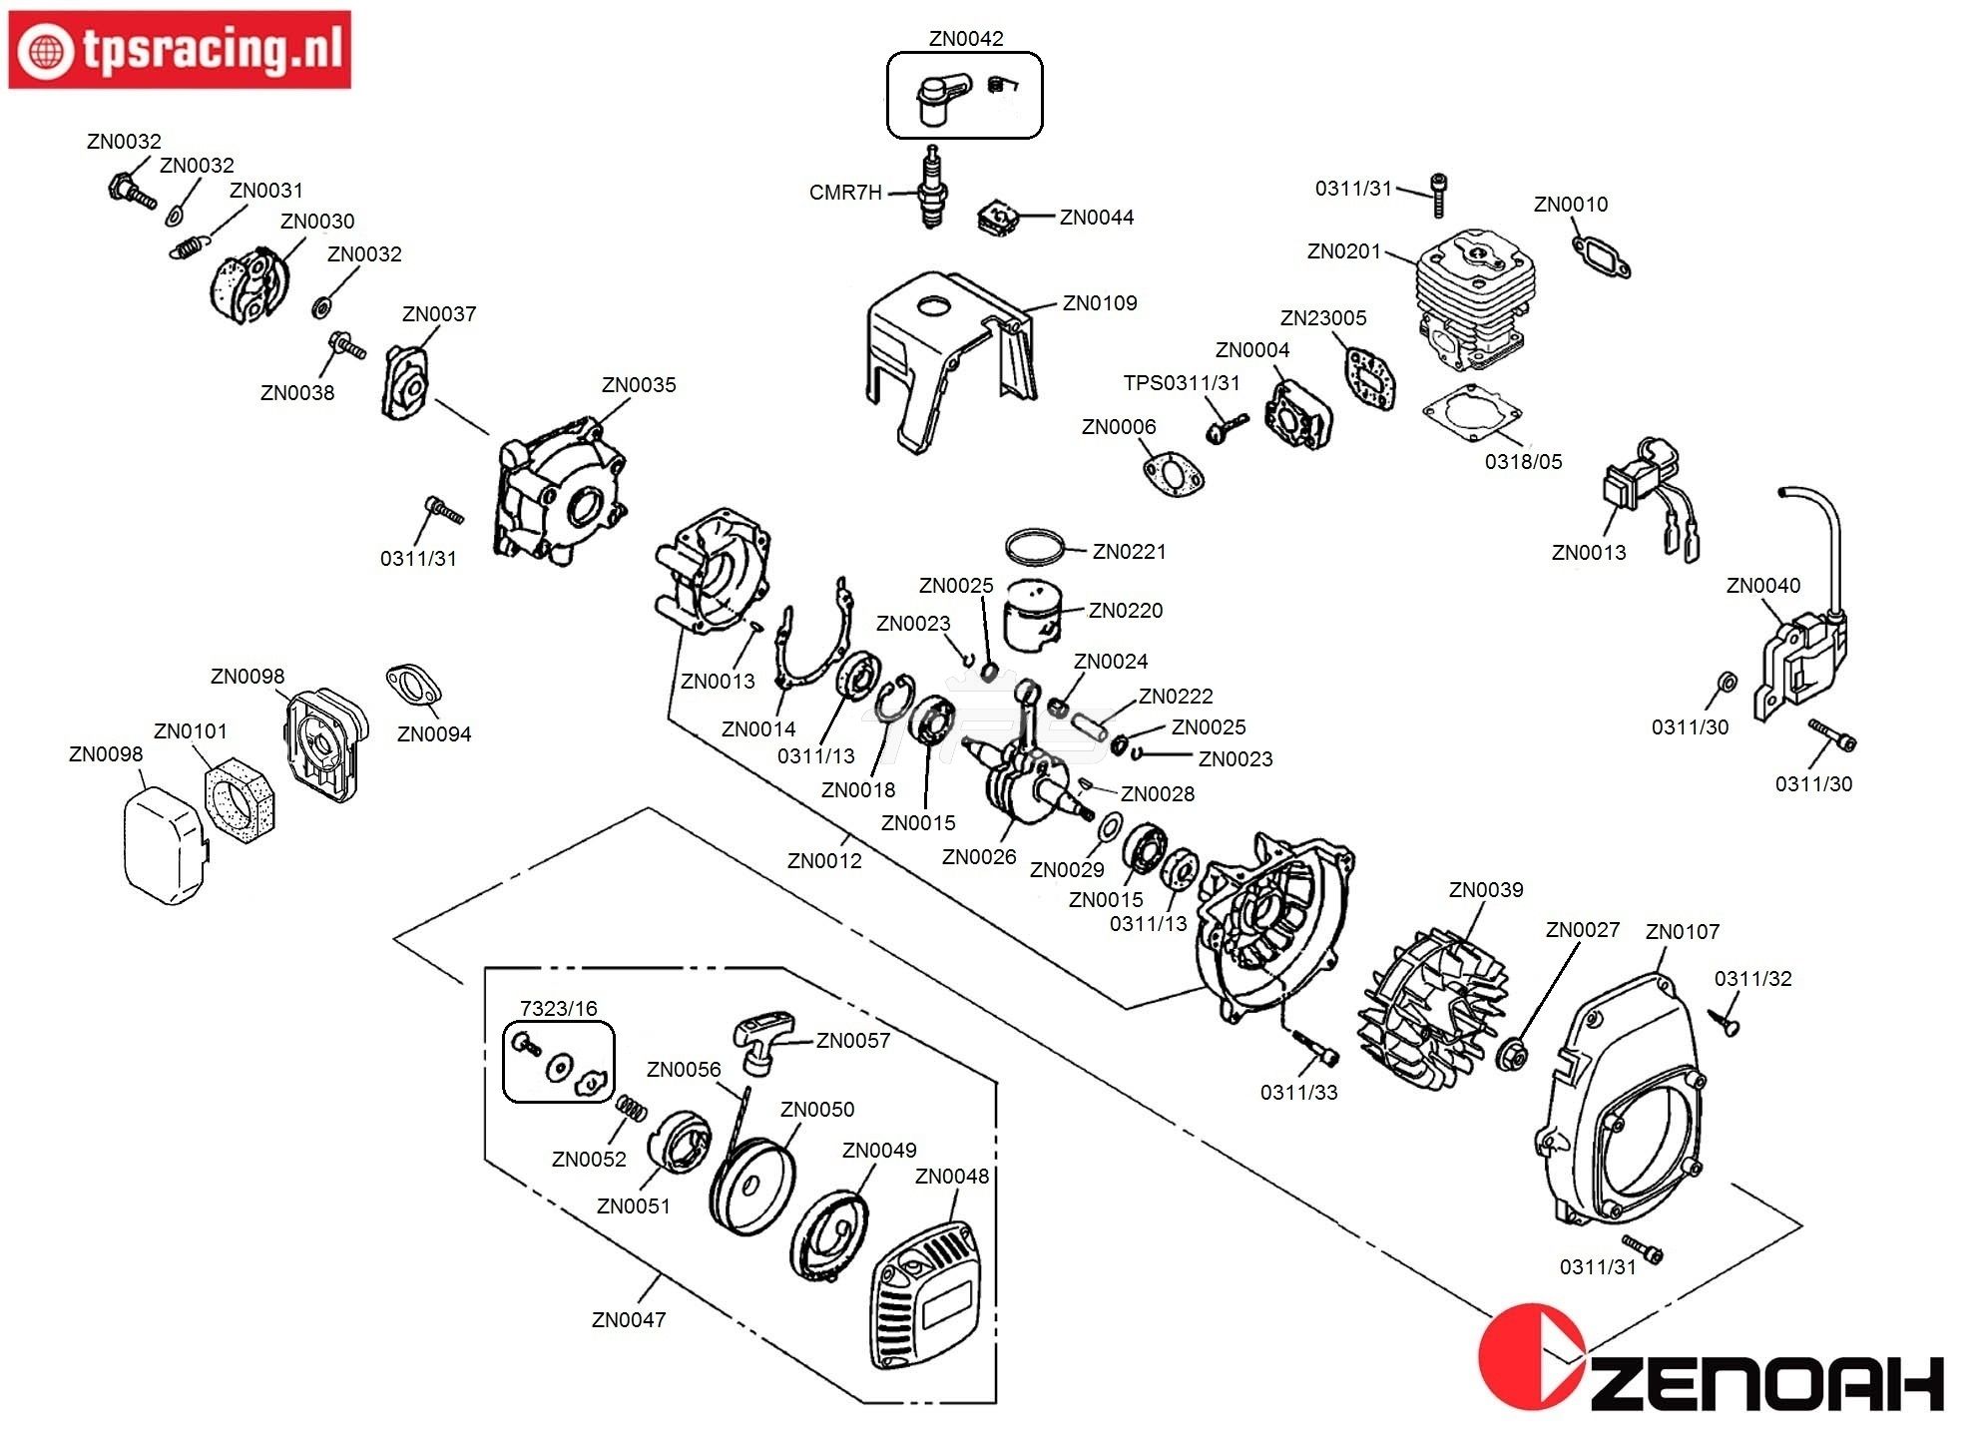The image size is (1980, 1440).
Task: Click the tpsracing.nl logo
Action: [180, 50]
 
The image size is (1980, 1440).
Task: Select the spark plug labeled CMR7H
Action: [931, 189]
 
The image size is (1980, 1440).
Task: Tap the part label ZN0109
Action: [1099, 303]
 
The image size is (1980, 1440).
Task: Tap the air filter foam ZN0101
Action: [239, 794]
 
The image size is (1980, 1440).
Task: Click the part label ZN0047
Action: [628, 1319]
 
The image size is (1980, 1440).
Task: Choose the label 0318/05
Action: [1523, 462]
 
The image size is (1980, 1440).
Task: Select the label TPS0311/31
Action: [1181, 383]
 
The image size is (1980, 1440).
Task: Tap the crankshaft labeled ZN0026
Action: [1028, 778]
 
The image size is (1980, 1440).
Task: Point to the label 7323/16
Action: [558, 1008]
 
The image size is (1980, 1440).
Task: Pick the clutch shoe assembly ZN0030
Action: [249, 284]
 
